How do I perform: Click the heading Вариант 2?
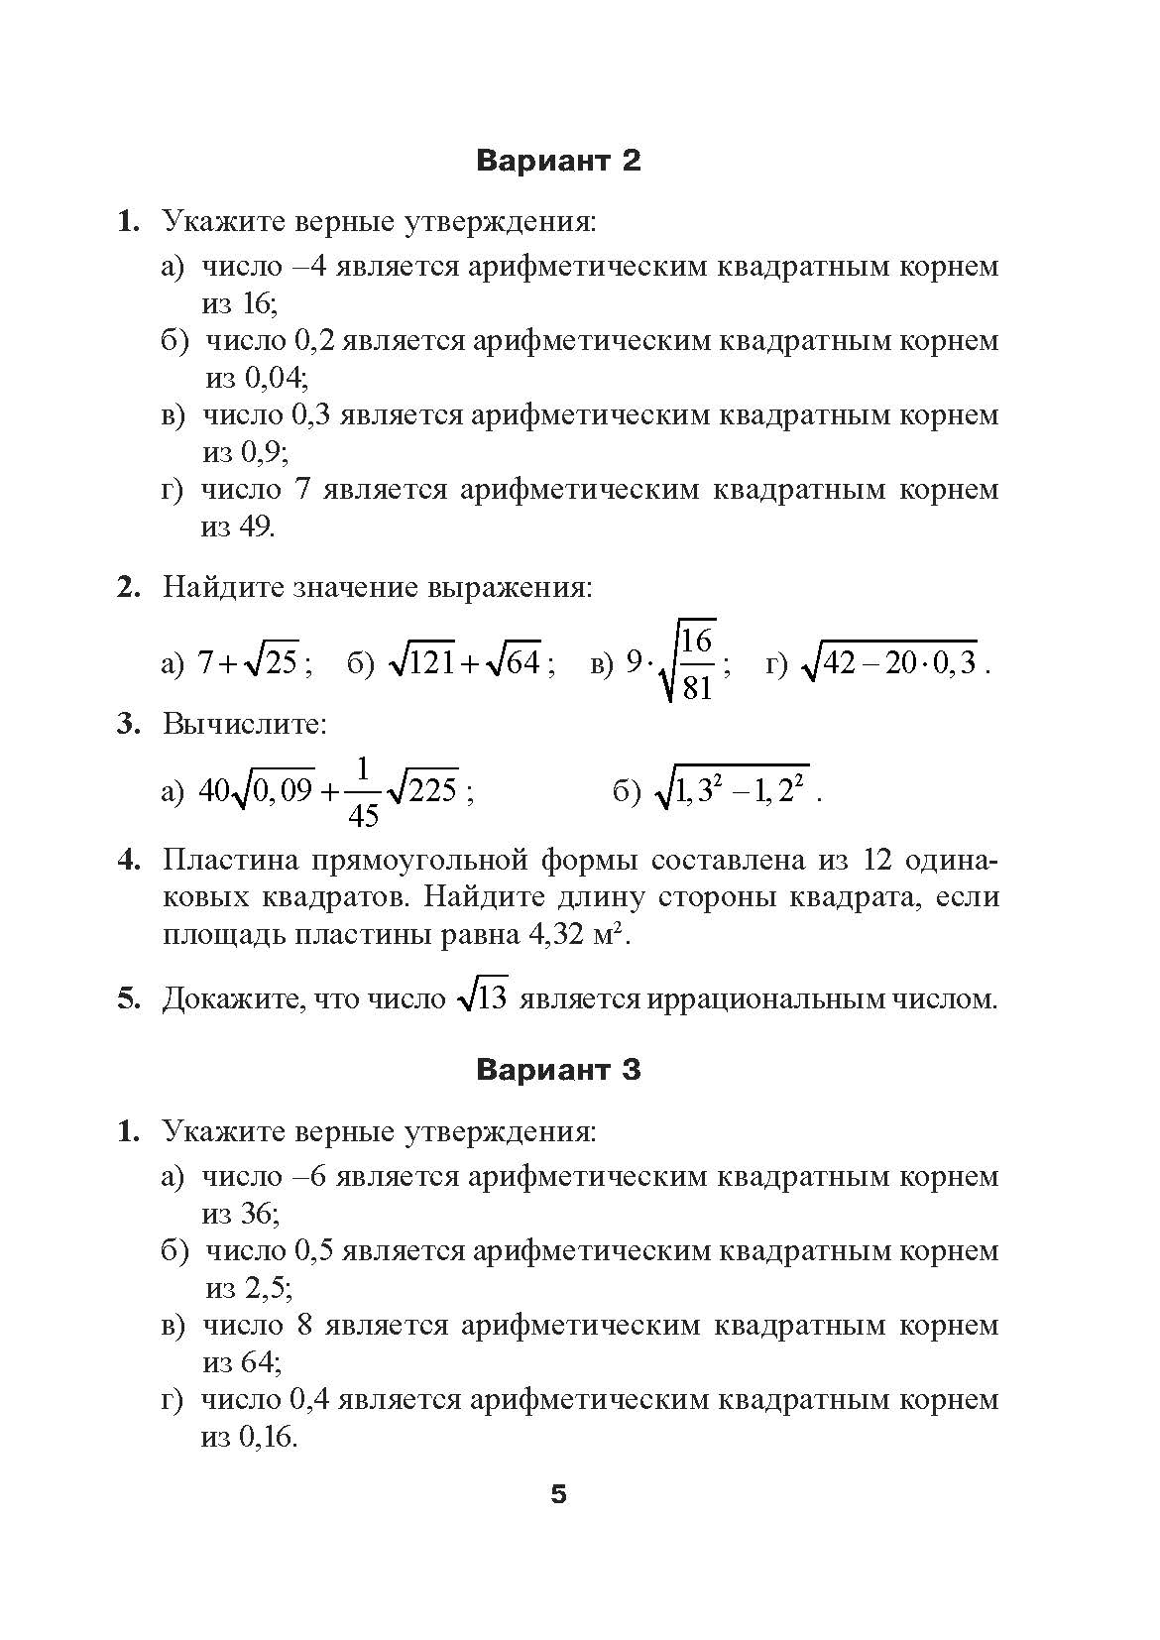pos(558,161)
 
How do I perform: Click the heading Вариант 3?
pos(558,1070)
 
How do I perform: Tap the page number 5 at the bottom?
pos(558,1494)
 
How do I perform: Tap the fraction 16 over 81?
pos(697,662)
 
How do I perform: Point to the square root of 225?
pos(422,790)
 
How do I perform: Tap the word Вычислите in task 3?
pos(244,724)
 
